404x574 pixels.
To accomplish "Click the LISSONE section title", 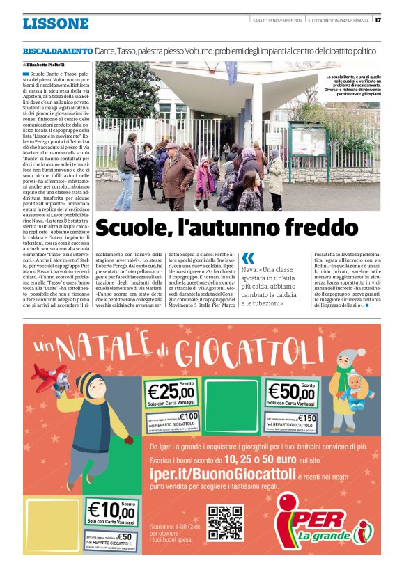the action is (56, 24).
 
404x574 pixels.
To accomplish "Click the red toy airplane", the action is (48, 376).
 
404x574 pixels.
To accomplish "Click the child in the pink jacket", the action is (205, 180).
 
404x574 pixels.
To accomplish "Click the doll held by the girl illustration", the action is (355, 381).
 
